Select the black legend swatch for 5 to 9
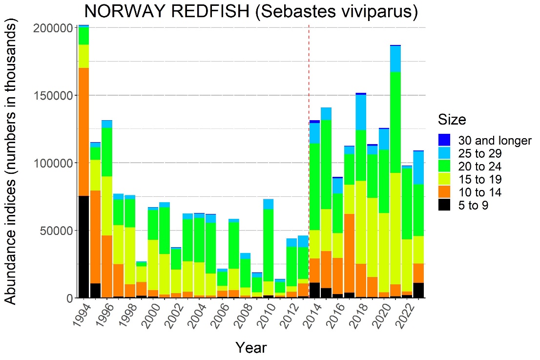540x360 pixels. (444, 206)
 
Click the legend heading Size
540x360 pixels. (452, 120)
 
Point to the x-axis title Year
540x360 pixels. (251, 347)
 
